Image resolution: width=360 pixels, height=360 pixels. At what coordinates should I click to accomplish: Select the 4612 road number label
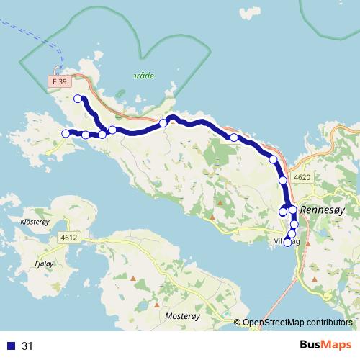(69, 237)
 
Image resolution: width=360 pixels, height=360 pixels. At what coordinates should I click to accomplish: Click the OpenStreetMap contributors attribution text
(297, 323)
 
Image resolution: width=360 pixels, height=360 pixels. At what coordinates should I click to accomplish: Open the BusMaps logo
(326, 346)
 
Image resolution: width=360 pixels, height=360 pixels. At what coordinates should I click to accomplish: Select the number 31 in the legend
(28, 346)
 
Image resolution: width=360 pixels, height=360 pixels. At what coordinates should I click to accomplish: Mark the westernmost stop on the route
(66, 133)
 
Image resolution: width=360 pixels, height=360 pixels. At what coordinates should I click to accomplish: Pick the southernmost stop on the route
(288, 243)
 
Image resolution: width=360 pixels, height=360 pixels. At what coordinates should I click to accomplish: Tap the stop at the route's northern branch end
(78, 99)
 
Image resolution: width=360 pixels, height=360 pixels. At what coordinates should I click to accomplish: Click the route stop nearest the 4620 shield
(283, 180)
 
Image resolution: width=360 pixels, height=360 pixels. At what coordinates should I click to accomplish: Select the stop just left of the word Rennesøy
(293, 210)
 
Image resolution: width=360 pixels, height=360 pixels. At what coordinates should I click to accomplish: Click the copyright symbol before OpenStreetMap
(237, 323)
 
